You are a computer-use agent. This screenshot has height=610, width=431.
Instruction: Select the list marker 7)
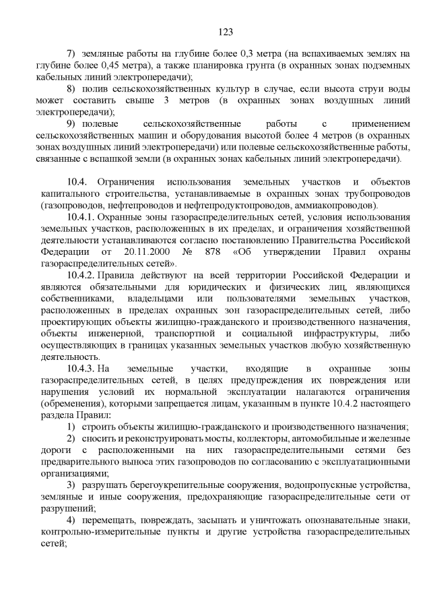point(71,53)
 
